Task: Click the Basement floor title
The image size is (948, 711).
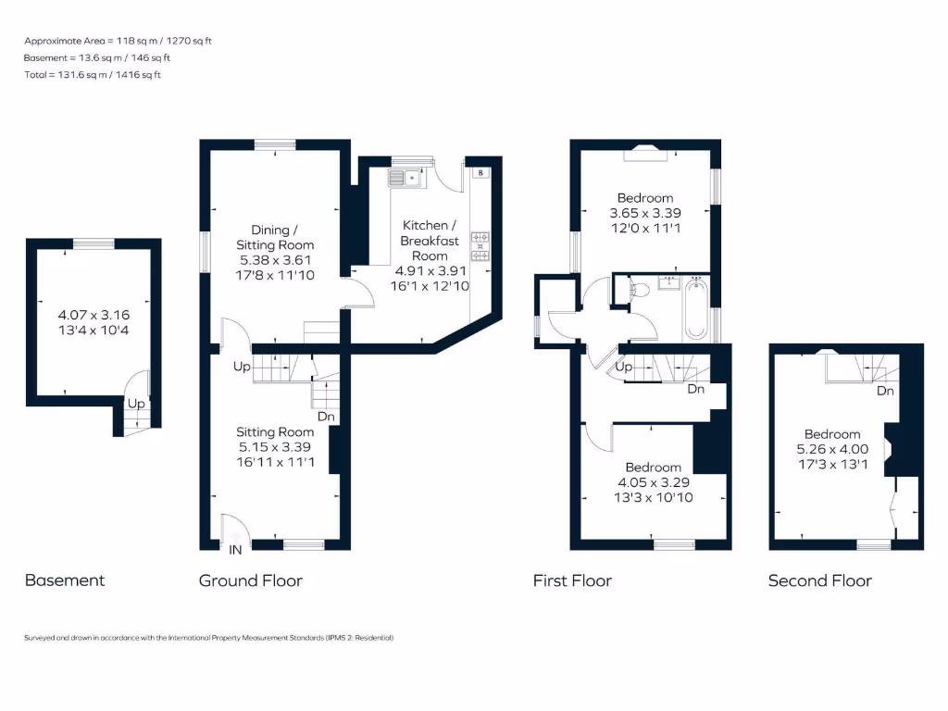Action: (x=64, y=580)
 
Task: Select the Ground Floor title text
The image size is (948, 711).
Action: (x=250, y=580)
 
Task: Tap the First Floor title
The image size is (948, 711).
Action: (x=572, y=580)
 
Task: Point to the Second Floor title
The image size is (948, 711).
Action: (x=819, y=580)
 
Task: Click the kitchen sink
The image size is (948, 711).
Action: (x=408, y=177)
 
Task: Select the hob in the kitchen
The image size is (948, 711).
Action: (x=480, y=245)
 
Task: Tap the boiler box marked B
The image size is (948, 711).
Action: (x=480, y=172)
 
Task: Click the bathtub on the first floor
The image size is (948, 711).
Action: (x=695, y=308)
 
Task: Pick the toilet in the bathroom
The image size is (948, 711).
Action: (x=638, y=291)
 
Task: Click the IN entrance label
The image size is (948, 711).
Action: (x=236, y=550)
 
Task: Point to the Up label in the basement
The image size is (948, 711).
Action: (x=135, y=405)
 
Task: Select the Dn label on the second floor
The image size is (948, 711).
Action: (x=885, y=391)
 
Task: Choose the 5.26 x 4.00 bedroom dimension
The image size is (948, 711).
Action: (x=831, y=450)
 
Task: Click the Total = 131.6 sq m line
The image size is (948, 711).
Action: (x=93, y=75)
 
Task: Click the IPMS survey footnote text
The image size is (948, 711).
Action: (x=209, y=638)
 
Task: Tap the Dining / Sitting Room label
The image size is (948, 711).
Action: (x=282, y=237)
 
